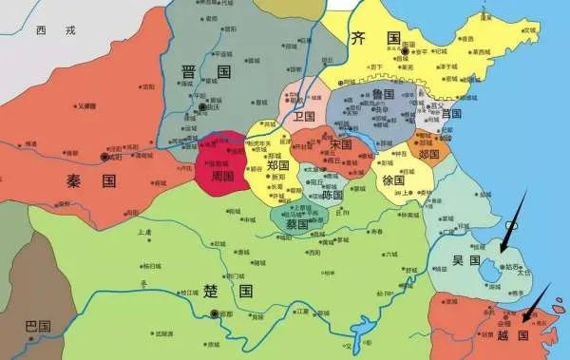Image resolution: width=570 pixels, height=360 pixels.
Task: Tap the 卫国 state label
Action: [304, 116]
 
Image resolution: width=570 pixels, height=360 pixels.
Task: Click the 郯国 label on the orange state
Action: [428, 153]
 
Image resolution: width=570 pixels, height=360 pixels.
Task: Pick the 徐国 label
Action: [392, 180]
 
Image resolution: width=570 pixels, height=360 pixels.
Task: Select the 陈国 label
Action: [332, 194]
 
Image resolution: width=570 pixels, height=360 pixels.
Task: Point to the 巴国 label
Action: [37, 327]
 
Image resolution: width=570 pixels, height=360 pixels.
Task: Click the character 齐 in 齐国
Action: [358, 39]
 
